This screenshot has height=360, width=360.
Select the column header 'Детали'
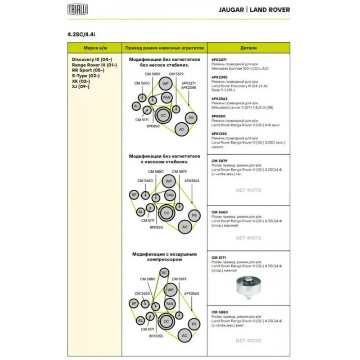click(248, 47)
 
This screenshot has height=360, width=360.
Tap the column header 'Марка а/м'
click(94, 47)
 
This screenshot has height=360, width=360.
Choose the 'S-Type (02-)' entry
click(85, 76)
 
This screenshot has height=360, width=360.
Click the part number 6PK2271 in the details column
click(219, 60)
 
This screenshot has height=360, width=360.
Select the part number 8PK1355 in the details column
click(219, 134)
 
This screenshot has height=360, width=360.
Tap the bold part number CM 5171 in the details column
click(218, 258)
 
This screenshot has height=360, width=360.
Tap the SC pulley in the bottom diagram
click(164, 273)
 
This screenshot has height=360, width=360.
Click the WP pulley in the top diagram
click(165, 84)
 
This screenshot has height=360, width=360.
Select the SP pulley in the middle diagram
click(134, 195)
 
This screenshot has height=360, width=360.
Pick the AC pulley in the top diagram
click(182, 130)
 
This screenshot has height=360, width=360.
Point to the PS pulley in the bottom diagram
click(194, 324)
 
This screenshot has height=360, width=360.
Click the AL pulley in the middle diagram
click(140, 211)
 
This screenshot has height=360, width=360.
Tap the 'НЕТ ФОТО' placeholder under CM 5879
click(248, 190)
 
